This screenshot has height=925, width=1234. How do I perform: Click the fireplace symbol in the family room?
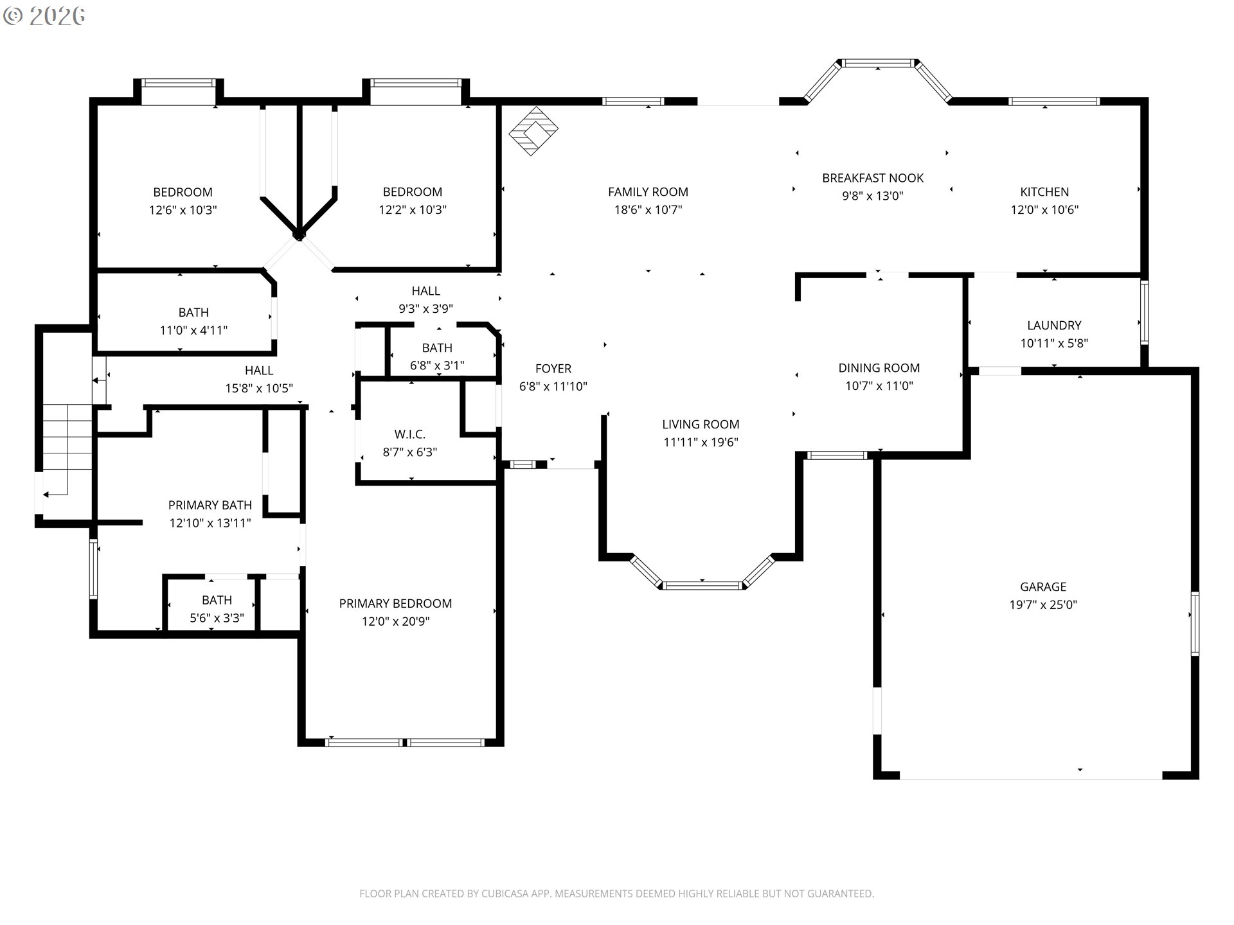[533, 131]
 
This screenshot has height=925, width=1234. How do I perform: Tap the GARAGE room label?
[1043, 586]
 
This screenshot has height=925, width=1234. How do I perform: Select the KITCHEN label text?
[1044, 191]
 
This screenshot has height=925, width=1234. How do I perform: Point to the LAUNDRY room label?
[1054, 325]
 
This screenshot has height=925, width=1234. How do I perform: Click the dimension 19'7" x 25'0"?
[1043, 604]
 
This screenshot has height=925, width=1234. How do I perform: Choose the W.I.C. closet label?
[410, 434]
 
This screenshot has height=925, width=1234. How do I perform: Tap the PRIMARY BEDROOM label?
[395, 603]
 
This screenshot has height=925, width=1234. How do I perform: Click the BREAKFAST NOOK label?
[873, 178]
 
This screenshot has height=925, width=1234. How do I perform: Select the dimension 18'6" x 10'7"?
[648, 209]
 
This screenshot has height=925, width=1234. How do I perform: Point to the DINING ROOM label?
[879, 368]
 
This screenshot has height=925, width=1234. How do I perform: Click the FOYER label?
[553, 369]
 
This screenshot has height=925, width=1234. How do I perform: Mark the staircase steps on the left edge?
[67, 450]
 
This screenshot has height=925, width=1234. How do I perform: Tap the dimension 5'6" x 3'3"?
[217, 618]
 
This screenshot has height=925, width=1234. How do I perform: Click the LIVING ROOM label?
[701, 425]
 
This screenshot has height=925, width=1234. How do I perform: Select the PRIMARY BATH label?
[210, 506]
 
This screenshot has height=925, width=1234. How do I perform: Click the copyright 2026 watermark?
[44, 16]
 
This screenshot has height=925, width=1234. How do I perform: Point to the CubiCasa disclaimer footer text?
[616, 894]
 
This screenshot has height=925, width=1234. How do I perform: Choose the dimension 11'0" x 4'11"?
[193, 330]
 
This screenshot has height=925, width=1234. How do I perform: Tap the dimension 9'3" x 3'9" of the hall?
[425, 309]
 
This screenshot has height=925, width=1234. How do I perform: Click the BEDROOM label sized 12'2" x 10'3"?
[413, 191]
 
